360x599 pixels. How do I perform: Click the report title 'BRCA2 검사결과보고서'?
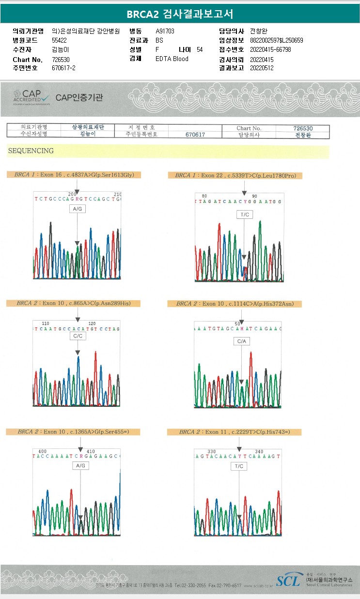(x=180, y=14)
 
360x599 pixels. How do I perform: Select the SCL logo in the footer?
(x=289, y=581)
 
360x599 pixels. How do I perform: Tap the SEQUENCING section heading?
(x=31, y=151)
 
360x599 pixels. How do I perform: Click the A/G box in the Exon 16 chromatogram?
(x=77, y=209)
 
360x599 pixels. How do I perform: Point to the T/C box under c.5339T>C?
(x=244, y=214)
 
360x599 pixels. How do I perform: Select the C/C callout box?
(x=78, y=336)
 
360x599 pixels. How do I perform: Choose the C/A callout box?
(x=242, y=341)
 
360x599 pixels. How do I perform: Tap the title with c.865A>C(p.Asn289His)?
(x=73, y=303)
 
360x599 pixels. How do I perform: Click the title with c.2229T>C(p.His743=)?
(x=234, y=431)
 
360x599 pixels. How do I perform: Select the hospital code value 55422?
(x=59, y=40)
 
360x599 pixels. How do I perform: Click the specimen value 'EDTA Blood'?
(x=172, y=59)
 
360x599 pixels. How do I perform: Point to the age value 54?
(x=200, y=49)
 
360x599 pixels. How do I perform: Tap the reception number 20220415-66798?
(x=270, y=49)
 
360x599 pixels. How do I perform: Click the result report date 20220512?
(x=262, y=68)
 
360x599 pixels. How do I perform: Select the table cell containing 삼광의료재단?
(x=88, y=127)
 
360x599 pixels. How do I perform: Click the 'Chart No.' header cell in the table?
(x=249, y=128)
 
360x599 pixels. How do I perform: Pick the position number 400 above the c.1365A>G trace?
(x=43, y=451)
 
